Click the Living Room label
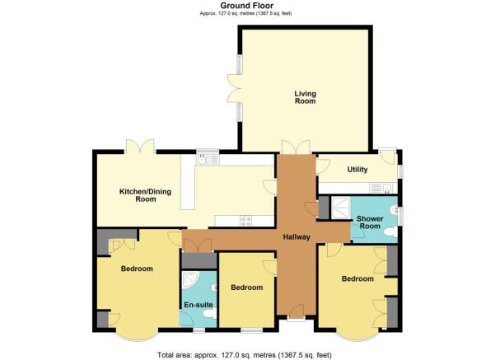[x=305, y=97]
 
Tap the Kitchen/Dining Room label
[x=145, y=195]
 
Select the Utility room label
[x=357, y=170]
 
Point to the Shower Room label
[x=370, y=222]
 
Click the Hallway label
[x=297, y=237]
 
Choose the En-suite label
[x=198, y=305]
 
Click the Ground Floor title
[x=247, y=6]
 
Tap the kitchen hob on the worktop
[x=246, y=221]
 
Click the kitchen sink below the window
[x=208, y=159]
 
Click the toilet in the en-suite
[x=210, y=314]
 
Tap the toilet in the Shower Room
[x=390, y=232]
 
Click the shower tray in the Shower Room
[x=341, y=208]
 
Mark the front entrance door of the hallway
[x=297, y=311]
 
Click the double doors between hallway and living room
[x=297, y=147]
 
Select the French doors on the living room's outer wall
[x=234, y=88]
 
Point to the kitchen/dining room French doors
[x=140, y=146]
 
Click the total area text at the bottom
[x=245, y=354]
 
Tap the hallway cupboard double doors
[x=198, y=245]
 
